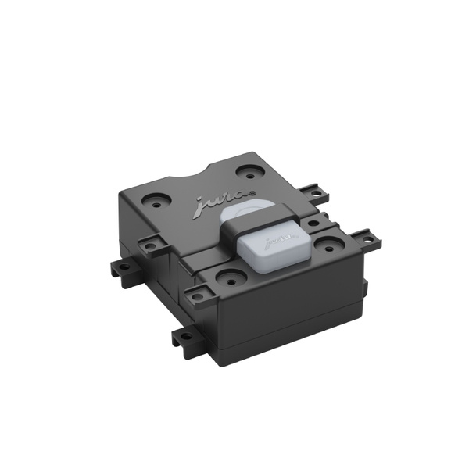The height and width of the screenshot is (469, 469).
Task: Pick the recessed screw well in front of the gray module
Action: click(x=231, y=277)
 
